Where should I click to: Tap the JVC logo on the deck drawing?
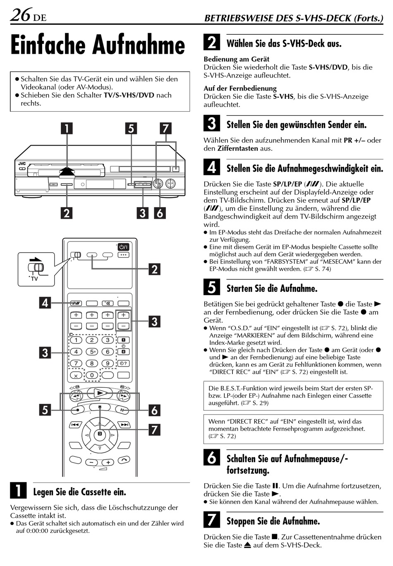pos(22,164)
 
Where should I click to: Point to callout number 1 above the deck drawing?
pos(66,128)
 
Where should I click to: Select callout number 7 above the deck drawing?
pos(165,128)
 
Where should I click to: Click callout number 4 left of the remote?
pos(45,303)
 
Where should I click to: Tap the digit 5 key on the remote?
pos(92,352)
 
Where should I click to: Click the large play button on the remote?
pos(100,393)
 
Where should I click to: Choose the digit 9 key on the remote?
pos(108,363)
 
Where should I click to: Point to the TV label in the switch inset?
pos(34,279)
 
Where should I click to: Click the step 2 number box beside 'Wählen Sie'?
pos(211,43)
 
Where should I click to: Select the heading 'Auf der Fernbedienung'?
pos(240,88)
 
